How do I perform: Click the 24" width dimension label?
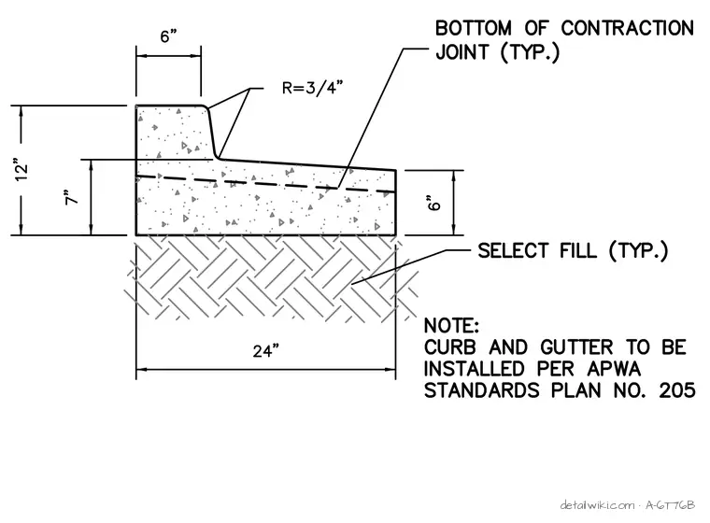[266, 351]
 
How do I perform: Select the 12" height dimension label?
[21, 170]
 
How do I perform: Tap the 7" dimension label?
[72, 197]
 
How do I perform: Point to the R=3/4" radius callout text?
[310, 88]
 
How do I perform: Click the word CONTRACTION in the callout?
[627, 28]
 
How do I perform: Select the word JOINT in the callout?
[462, 52]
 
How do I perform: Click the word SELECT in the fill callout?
[514, 251]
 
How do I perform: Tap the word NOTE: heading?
[451, 326]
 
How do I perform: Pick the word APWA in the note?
[614, 369]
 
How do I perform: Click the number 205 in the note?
[677, 390]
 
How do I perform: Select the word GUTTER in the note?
[576, 347]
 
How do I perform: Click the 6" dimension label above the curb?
[168, 36]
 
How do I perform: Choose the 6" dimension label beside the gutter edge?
[433, 203]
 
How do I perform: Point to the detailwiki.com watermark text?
[597, 505]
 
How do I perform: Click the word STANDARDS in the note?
[482, 390]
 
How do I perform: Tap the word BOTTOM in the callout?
[474, 28]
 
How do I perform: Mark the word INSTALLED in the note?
[476, 369]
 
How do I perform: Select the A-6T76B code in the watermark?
[670, 505]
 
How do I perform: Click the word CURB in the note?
[450, 347]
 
